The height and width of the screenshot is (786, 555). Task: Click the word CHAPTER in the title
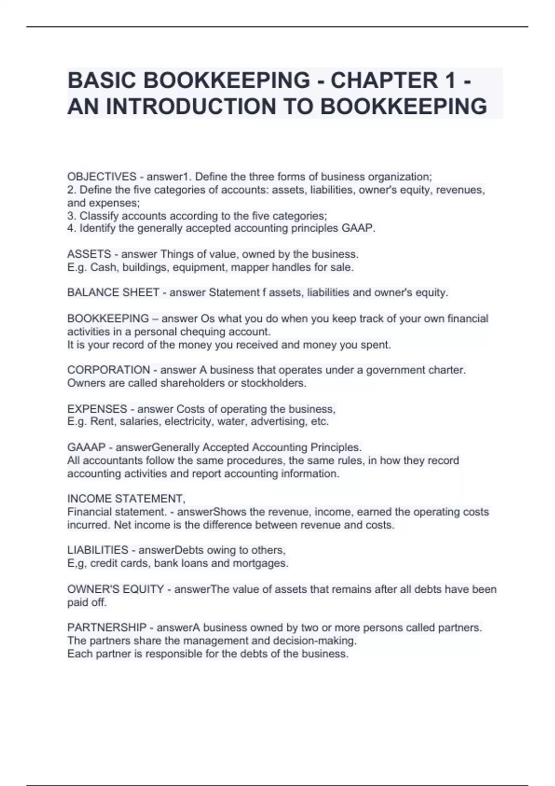[x=383, y=80]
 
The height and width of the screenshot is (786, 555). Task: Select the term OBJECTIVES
[x=102, y=177]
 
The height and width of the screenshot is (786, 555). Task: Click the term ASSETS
[x=89, y=254]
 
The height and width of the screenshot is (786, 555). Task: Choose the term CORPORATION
[x=109, y=370]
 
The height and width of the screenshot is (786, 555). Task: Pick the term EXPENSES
[x=97, y=409]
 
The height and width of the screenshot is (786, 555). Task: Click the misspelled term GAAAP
[x=86, y=447]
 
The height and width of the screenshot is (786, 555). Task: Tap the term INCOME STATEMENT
[x=126, y=498]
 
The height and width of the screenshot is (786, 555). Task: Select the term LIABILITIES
[x=98, y=550]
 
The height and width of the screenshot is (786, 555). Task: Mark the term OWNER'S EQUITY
[x=116, y=589]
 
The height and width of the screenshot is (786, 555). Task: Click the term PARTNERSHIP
[x=107, y=627]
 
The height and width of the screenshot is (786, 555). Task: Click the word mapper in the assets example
[x=249, y=267]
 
